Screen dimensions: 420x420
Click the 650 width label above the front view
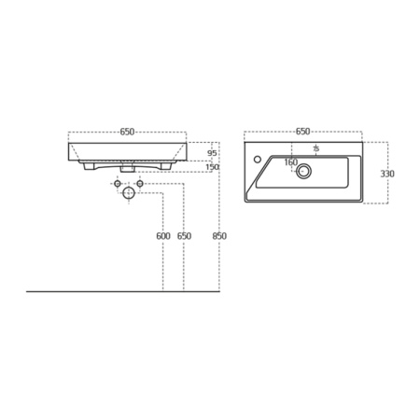point(127,132)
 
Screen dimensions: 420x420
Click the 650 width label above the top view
point(303,132)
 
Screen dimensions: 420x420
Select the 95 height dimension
point(212,152)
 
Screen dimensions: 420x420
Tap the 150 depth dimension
point(212,167)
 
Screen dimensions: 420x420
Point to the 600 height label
point(163,236)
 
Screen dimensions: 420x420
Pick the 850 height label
point(219,236)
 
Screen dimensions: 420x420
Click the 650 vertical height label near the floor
point(184,236)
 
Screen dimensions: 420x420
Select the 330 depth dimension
point(385,173)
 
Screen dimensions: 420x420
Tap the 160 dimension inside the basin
point(290,162)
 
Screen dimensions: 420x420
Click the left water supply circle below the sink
point(117,184)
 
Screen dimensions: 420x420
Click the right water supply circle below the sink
point(140,184)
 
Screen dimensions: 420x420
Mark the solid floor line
point(121,291)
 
